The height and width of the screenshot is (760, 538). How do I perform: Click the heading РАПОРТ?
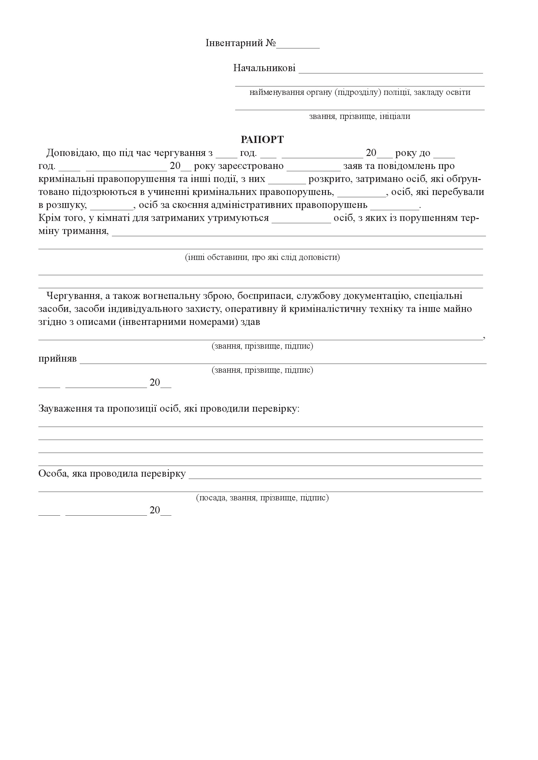click(262, 140)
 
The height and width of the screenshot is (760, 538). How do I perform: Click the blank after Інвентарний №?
click(298, 46)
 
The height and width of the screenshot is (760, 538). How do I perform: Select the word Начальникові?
click(264, 68)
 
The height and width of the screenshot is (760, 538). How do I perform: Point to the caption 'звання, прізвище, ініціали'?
click(359, 116)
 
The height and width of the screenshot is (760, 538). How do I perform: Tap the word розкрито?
click(329, 179)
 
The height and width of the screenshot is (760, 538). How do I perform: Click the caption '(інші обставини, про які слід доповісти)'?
click(262, 257)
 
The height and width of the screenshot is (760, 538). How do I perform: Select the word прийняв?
click(57, 359)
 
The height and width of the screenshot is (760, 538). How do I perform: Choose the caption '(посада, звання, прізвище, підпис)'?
click(262, 497)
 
